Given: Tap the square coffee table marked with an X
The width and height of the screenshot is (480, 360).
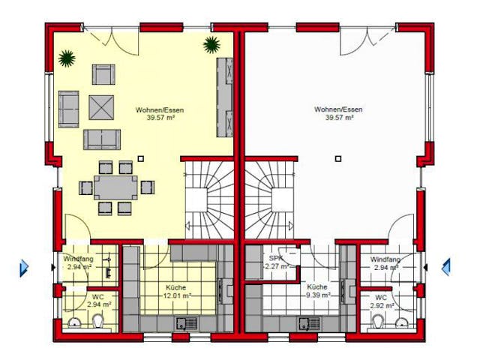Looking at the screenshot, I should [100, 107].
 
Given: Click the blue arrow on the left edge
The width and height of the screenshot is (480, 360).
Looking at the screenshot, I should [23, 266].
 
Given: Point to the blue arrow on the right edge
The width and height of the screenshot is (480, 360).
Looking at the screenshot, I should [445, 266].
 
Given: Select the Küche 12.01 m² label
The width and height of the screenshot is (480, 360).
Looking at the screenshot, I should [177, 291].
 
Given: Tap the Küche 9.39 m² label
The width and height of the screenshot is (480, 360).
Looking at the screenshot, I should [316, 291].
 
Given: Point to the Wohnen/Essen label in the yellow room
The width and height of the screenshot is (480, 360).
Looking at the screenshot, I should [160, 114].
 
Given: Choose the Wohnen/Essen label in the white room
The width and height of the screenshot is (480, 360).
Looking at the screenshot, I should [338, 113].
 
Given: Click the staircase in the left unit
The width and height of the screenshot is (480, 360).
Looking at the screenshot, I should [210, 199].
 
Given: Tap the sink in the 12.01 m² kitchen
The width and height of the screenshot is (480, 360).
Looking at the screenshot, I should [184, 324].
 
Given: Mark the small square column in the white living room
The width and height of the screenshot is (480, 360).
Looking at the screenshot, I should [338, 158].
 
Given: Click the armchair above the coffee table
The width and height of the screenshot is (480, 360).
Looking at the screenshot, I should [103, 74].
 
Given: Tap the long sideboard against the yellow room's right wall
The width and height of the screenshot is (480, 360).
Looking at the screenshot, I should [224, 97].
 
